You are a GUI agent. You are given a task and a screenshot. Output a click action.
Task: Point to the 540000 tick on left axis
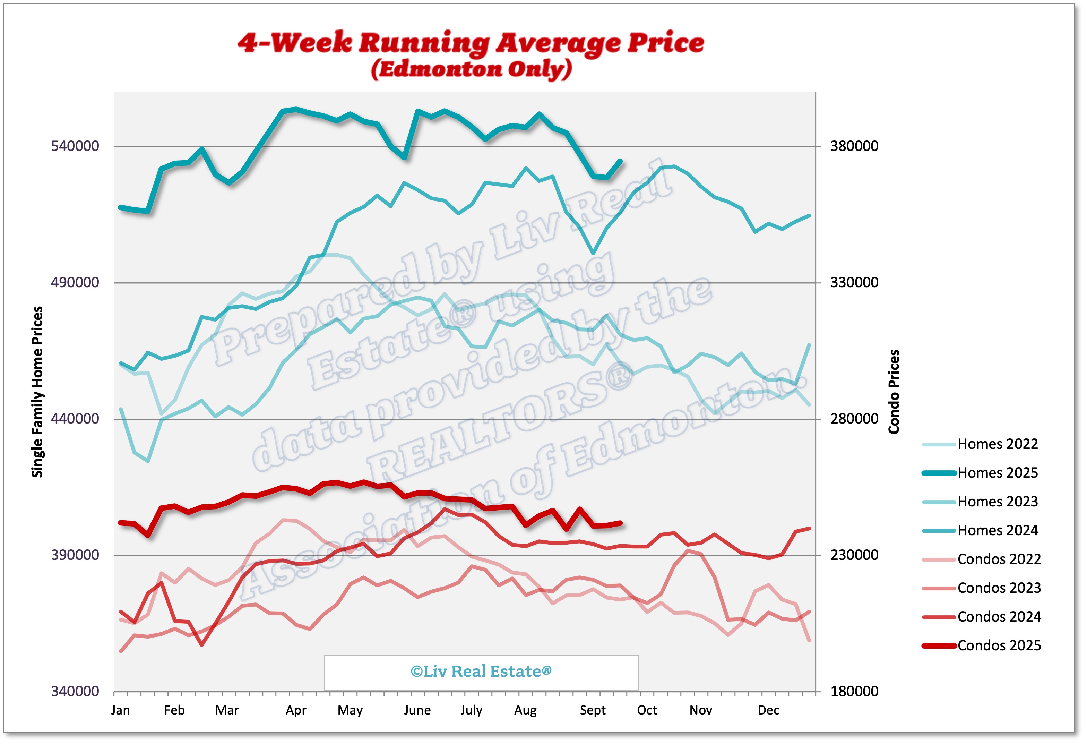(75, 146)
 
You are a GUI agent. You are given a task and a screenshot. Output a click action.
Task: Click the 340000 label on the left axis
(75, 691)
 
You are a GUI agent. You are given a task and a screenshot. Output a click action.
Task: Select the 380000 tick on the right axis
(854, 146)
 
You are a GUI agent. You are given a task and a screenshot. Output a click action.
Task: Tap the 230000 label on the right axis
(854, 555)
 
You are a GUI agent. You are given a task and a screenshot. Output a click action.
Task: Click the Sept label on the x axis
(592, 710)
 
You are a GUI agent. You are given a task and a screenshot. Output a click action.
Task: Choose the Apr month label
(296, 710)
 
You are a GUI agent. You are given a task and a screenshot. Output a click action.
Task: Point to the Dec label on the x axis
(768, 710)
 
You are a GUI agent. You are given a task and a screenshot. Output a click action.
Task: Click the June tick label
(417, 710)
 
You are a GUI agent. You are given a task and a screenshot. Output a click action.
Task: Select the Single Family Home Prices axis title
(37, 392)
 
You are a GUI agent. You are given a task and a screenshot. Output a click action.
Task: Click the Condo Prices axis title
(894, 392)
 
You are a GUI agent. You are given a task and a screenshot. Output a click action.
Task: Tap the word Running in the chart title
(424, 43)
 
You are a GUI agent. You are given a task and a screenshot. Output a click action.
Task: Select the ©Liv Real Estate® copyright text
(481, 672)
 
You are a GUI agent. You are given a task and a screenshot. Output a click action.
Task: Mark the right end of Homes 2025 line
(621, 161)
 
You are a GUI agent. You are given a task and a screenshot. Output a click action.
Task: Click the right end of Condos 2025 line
(621, 523)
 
